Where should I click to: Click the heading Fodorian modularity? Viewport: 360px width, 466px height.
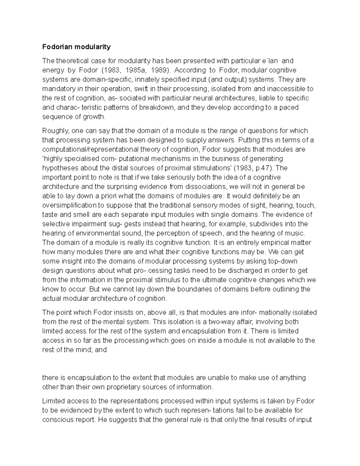tap(76, 47)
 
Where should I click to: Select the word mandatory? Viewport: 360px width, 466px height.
tap(57, 89)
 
